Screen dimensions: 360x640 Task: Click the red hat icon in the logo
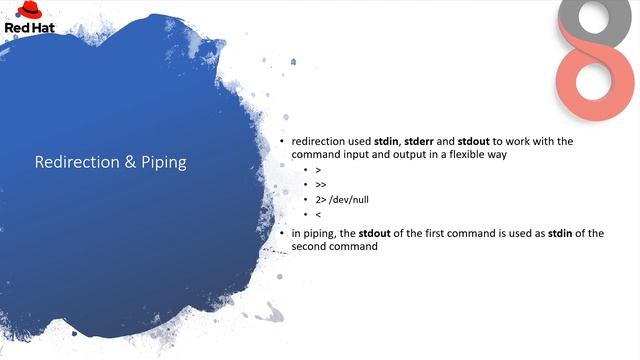22,11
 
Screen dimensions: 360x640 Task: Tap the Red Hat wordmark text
22,28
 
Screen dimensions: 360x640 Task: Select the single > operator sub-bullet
317,171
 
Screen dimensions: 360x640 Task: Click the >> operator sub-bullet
320,185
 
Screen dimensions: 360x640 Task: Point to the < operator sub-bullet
317,214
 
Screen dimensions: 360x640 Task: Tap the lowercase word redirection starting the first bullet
317,142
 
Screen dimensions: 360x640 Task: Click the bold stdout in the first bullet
476,142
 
